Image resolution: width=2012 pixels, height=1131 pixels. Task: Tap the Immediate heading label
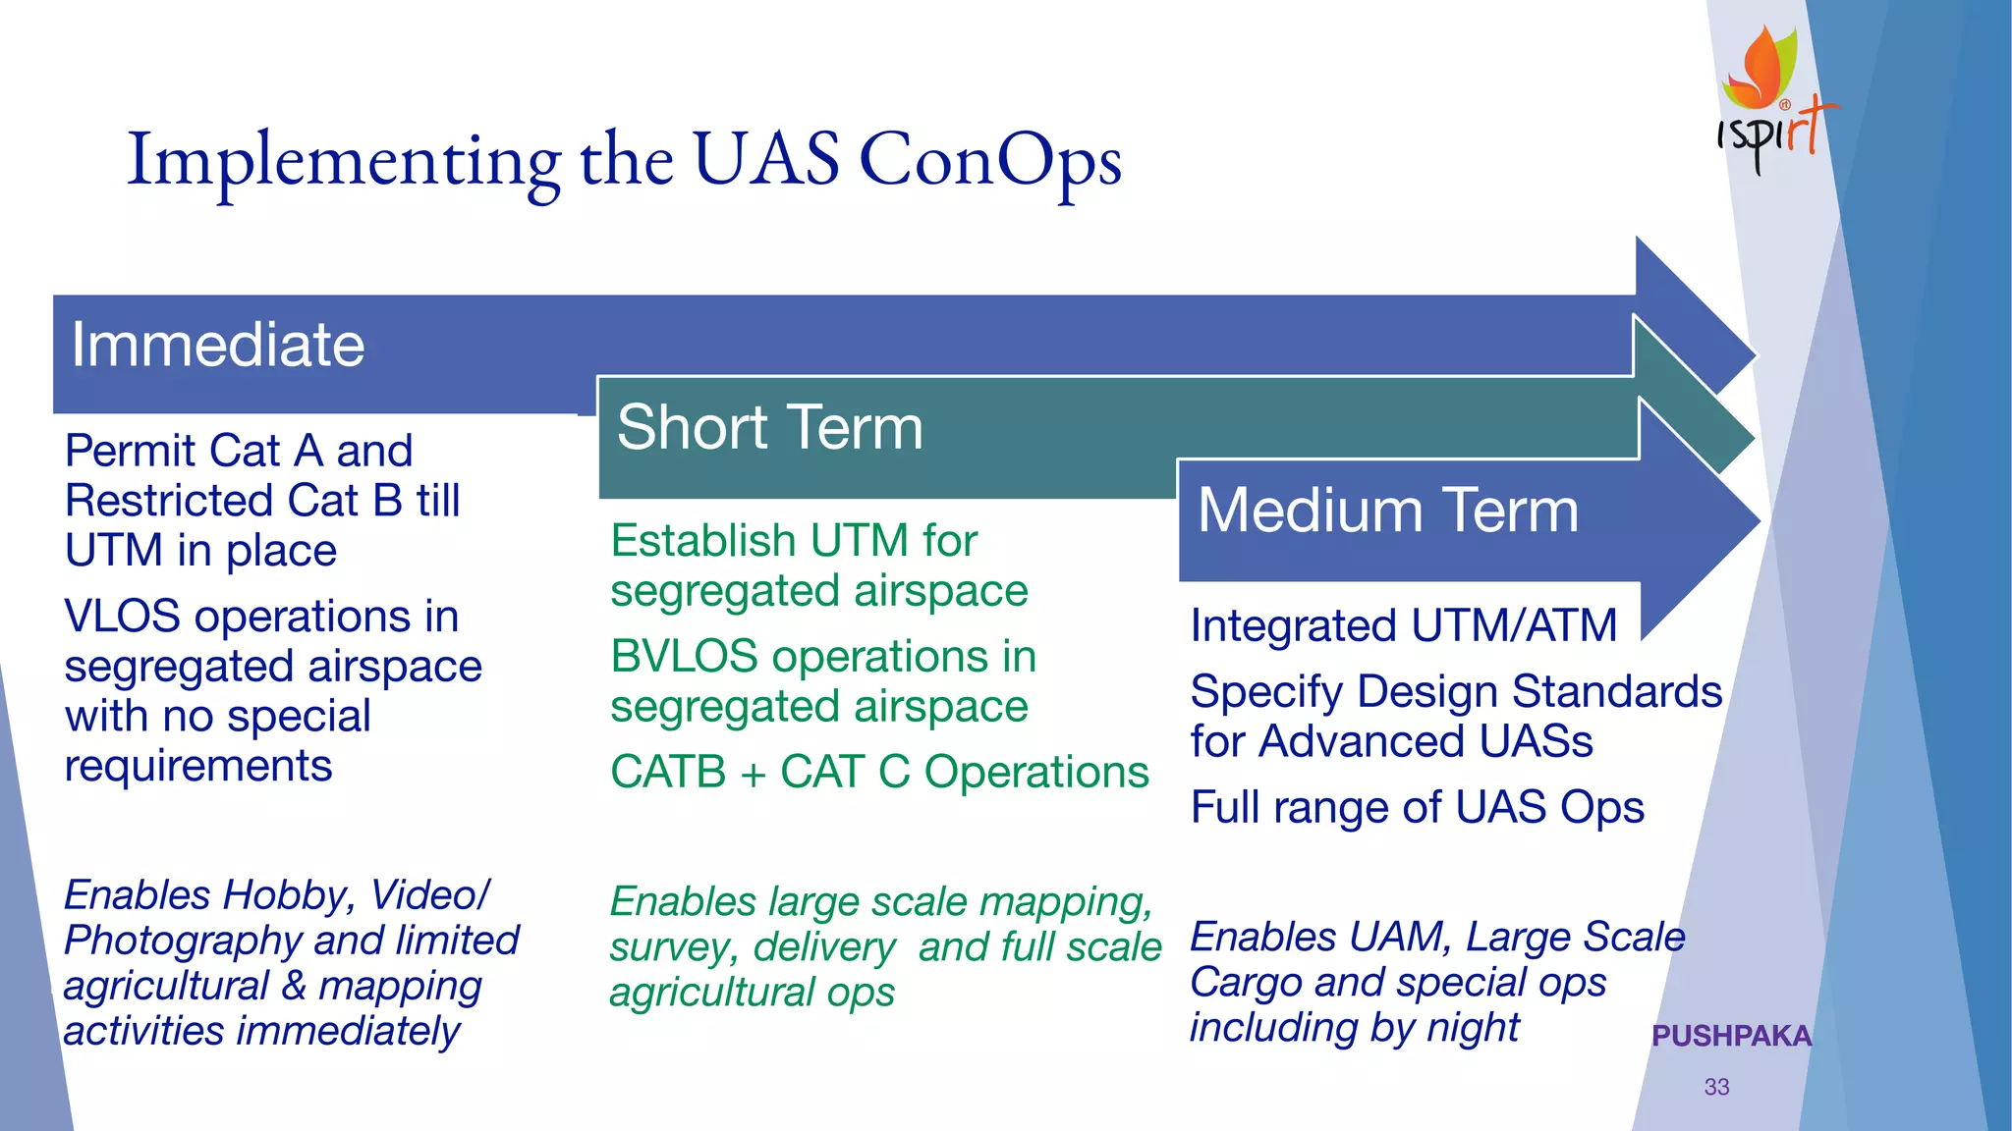tap(217, 345)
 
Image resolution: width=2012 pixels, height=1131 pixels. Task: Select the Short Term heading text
tap(769, 427)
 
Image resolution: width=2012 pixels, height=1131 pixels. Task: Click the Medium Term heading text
tap(1387, 511)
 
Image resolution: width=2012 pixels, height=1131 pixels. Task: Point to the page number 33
tap(1716, 1087)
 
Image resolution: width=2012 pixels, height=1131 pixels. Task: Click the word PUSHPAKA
tap(1731, 1036)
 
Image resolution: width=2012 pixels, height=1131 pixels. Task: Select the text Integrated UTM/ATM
tap(1403, 625)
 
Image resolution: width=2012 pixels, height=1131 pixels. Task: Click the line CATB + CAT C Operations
tap(878, 772)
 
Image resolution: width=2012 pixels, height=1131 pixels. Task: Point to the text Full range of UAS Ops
tap(1417, 807)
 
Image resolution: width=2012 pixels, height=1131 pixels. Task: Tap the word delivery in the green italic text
tap(824, 947)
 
